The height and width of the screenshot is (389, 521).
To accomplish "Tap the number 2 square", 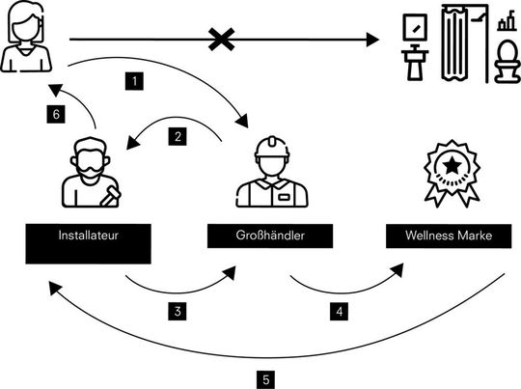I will pos(179,138).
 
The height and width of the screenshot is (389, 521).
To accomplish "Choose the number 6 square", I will pos(58,113).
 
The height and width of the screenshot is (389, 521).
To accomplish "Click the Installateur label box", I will pos(88,236).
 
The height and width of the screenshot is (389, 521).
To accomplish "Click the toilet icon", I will pos(505,60).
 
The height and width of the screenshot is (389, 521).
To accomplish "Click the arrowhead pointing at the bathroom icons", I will pos(372,41).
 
